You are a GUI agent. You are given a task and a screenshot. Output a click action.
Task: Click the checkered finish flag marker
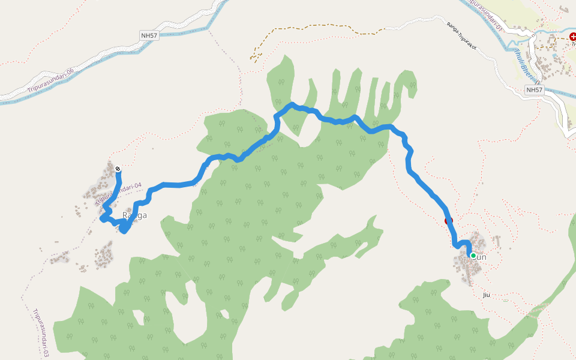118,169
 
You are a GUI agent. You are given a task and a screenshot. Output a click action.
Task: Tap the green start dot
473,256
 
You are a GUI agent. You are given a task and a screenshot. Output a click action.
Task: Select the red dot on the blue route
448,221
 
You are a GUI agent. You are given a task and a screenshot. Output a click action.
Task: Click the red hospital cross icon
573,37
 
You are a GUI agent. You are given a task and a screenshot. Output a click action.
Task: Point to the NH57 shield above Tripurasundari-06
149,36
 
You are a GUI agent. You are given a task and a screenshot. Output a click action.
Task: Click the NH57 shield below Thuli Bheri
533,90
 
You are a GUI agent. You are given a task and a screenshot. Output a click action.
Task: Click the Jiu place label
486,295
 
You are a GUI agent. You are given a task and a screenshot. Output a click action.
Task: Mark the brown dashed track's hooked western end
254,58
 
